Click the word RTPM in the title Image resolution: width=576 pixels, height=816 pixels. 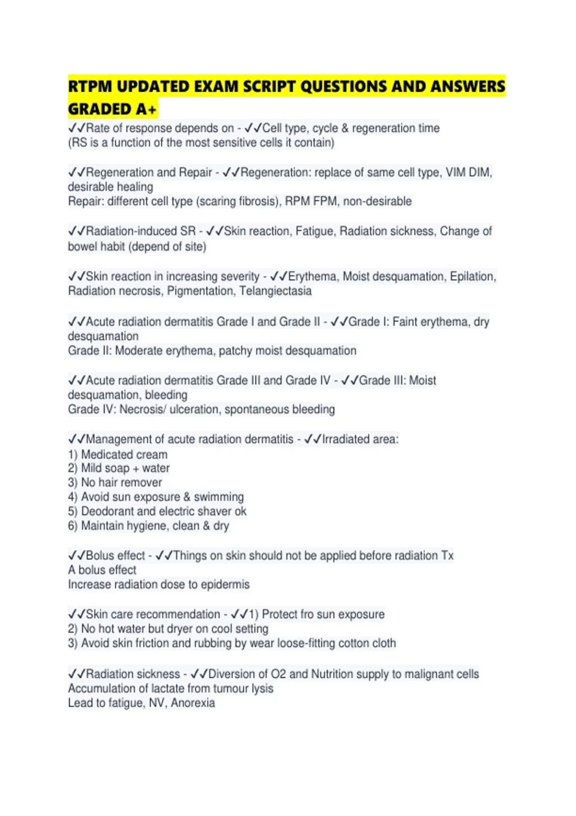90,87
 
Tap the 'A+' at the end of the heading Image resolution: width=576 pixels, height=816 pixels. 146,109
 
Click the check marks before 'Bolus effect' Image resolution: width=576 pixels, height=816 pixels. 76,555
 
